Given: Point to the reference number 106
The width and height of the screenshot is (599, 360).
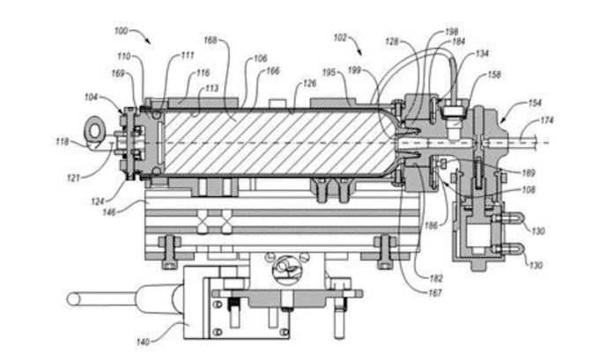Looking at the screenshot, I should point(260,59).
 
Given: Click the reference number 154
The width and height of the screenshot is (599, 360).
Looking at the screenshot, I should point(536,103).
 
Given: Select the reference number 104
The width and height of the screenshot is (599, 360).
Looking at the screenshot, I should point(92,99).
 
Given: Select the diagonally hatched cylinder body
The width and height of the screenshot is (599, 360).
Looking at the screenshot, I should point(264,141).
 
